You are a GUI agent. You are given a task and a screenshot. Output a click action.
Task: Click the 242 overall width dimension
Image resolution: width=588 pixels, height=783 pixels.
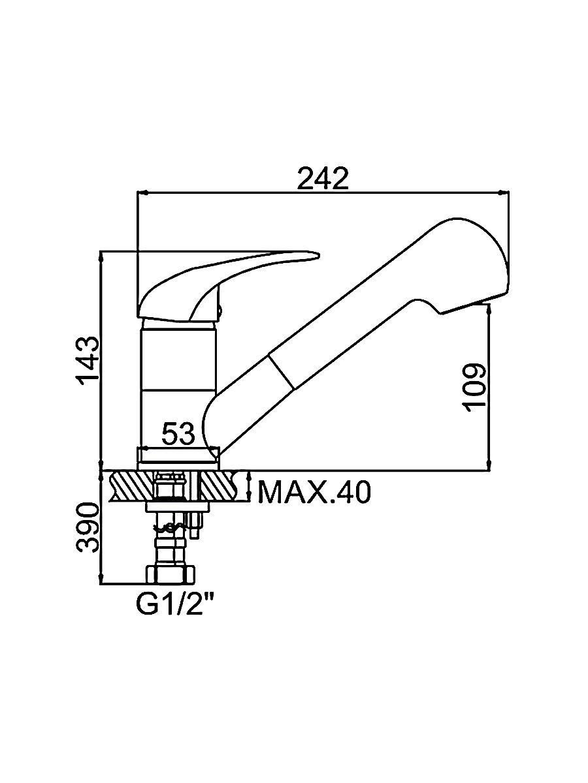point(323,178)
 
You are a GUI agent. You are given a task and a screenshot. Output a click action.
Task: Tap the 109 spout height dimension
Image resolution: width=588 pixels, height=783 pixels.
point(476,386)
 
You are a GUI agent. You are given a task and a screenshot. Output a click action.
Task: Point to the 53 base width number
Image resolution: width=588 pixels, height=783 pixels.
point(178,434)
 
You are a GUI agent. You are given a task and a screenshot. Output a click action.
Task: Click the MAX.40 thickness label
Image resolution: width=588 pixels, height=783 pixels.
point(314,493)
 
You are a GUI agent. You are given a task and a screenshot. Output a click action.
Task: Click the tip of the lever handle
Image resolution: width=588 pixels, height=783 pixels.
point(315,255)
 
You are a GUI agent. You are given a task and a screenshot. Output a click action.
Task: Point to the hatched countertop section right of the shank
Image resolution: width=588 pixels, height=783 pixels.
point(222,486)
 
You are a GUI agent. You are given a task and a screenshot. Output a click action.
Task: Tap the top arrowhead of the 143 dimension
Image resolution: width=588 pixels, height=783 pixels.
point(101,254)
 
